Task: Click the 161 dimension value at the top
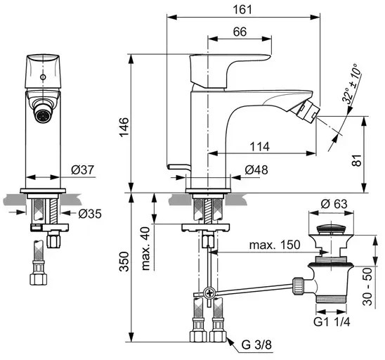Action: click(x=242, y=10)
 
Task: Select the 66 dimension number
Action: click(x=240, y=32)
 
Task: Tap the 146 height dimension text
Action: click(x=124, y=127)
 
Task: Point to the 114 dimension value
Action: click(x=260, y=147)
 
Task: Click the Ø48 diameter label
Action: click(x=256, y=169)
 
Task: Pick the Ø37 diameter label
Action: click(x=83, y=169)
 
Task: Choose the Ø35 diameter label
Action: click(x=90, y=214)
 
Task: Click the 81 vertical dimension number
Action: click(x=357, y=160)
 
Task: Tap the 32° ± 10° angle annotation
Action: click(x=351, y=83)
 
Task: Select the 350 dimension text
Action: click(x=124, y=262)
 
